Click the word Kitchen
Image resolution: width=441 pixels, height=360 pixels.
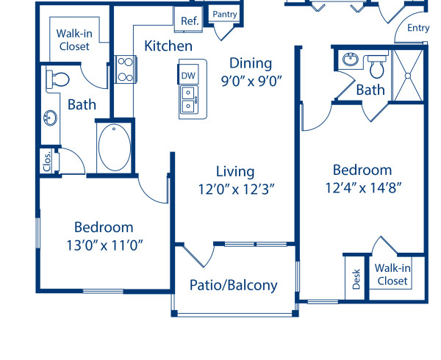[x=168, y=46]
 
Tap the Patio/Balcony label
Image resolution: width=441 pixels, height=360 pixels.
[x=234, y=285]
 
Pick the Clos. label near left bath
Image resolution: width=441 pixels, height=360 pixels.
[x=47, y=160]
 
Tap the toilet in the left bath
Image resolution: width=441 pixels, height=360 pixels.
[x=57, y=77]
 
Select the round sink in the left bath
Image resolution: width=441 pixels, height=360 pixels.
[x=51, y=118]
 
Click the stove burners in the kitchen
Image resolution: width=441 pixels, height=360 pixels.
[x=123, y=68]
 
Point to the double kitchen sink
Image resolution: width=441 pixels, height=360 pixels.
[x=188, y=98]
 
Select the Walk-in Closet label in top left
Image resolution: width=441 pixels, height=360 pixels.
[x=74, y=39]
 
